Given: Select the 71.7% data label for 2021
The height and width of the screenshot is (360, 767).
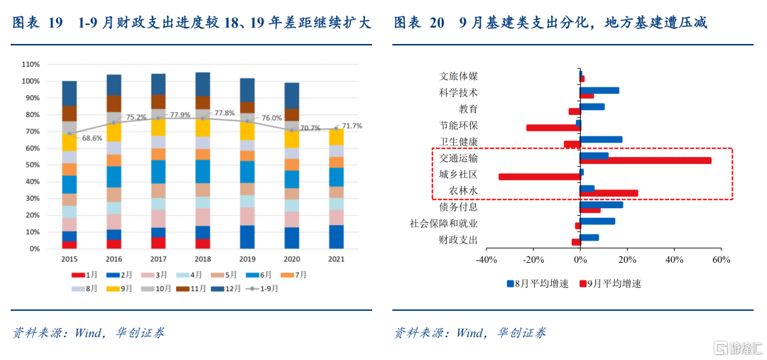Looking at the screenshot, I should tap(352, 126).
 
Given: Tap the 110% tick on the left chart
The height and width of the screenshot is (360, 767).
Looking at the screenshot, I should tap(30, 64).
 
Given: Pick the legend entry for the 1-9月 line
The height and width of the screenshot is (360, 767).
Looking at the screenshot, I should tap(263, 289).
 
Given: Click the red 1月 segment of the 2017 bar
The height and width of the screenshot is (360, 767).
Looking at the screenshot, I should tap(158, 243).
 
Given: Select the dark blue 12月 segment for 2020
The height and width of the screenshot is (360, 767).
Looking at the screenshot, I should tap(291, 95).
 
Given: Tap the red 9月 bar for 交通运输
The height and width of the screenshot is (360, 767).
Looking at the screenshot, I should tap(646, 160).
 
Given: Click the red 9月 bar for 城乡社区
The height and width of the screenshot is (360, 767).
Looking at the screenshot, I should tap(539, 177).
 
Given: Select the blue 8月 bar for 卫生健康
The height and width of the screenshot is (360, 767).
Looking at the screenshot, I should tap(601, 140).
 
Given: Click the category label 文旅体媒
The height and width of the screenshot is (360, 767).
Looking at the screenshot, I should tap(458, 76).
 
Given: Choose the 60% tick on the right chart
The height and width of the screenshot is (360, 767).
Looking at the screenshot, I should tap(721, 259).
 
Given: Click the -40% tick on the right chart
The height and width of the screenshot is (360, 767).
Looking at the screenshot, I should tap(486, 259).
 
